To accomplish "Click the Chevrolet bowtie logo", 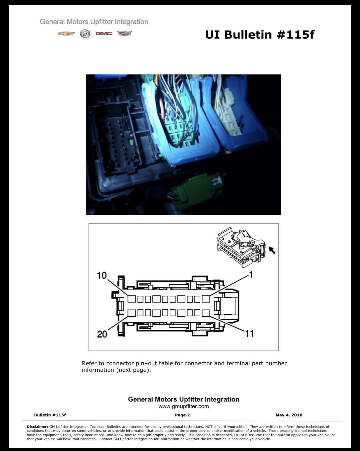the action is pyautogui.click(x=66, y=33).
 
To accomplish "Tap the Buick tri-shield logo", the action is pyautogui.click(x=85, y=33).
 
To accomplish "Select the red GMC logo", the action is pyautogui.click(x=104, y=33).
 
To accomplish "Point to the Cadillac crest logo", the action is pyautogui.click(x=124, y=33).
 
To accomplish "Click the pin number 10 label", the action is pyautogui.click(x=102, y=276).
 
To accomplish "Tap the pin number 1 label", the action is pyautogui.click(x=251, y=274).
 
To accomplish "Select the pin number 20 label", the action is pyautogui.click(x=102, y=334).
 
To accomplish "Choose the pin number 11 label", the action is pyautogui.click(x=249, y=334).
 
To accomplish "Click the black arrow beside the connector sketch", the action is pyautogui.click(x=272, y=250).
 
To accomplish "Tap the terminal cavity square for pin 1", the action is pyautogui.click(x=206, y=299).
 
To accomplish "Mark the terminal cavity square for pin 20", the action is pyautogui.click(x=132, y=313).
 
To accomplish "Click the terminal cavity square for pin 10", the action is pyautogui.click(x=132, y=299).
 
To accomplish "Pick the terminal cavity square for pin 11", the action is pyautogui.click(x=206, y=313).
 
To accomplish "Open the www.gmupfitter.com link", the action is pyautogui.click(x=183, y=406).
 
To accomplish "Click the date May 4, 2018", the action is pyautogui.click(x=289, y=415).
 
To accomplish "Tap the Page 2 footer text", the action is pyautogui.click(x=182, y=415).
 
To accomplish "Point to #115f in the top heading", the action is pyautogui.click(x=296, y=35).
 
